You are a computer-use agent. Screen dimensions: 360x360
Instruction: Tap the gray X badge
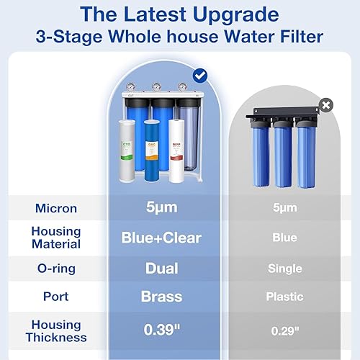tap(326, 105)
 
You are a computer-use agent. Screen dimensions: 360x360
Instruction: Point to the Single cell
tap(285, 269)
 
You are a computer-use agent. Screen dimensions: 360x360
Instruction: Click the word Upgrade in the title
tap(238, 15)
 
